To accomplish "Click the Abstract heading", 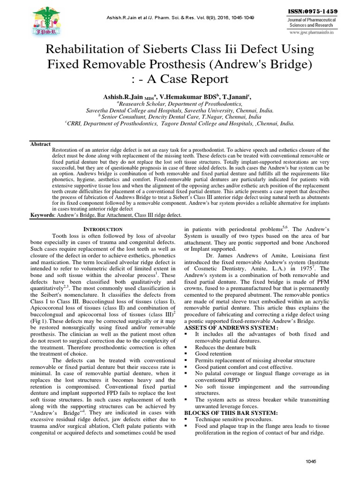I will click(x=41, y=144).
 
